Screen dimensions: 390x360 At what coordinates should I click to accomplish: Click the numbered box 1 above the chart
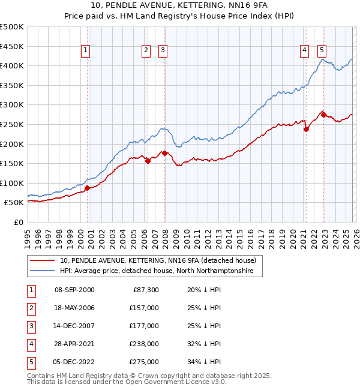point(86,51)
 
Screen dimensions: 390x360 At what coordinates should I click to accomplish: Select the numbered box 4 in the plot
point(305,51)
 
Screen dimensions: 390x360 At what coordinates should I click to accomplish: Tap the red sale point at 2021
point(306,128)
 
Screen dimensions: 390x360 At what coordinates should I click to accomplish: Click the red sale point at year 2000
point(87,188)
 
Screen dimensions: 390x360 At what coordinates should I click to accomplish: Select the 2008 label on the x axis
point(165,238)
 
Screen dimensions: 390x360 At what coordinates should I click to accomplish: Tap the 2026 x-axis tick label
point(355,238)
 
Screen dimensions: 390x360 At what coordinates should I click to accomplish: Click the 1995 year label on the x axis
point(28,238)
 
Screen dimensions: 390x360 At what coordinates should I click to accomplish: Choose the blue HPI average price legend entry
point(157,271)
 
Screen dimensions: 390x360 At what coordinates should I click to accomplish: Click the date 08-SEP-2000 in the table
point(74,290)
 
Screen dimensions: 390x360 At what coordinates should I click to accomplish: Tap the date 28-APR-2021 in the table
point(74,344)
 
